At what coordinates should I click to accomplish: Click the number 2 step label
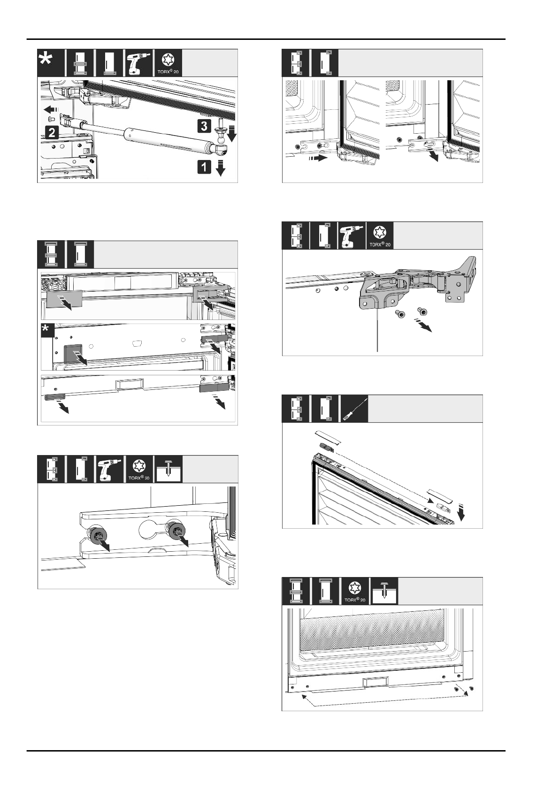pyautogui.click(x=52, y=132)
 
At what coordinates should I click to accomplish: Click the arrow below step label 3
pyautogui.click(x=232, y=135)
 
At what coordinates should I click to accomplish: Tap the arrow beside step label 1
pyautogui.click(x=221, y=168)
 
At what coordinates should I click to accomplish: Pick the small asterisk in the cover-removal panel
pyautogui.click(x=46, y=330)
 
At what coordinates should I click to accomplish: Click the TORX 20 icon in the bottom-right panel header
pyautogui.click(x=355, y=591)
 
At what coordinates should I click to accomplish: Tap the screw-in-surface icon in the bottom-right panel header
pyautogui.click(x=384, y=591)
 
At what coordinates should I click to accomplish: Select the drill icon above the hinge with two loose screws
pyautogui.click(x=351, y=235)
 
